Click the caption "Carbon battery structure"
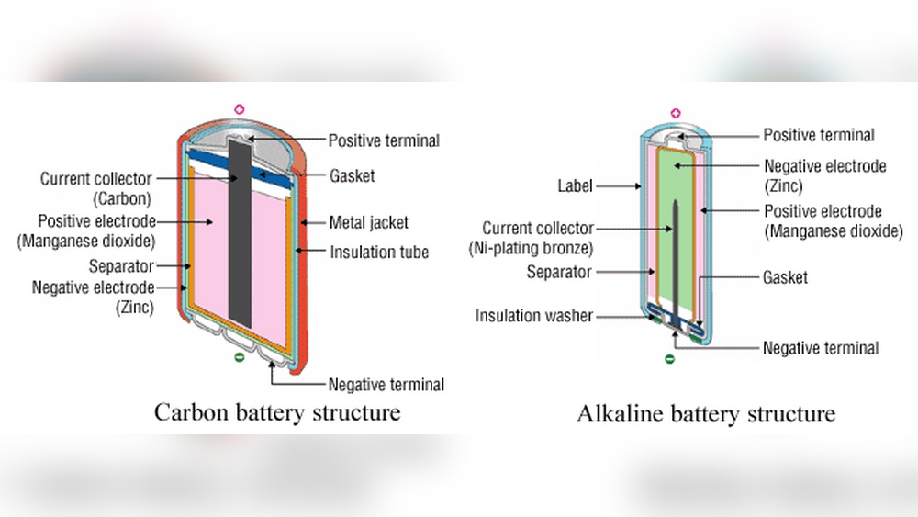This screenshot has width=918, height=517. (x=276, y=411)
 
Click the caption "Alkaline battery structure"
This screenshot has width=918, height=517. (x=705, y=413)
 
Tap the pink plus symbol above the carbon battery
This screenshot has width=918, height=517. (x=241, y=110)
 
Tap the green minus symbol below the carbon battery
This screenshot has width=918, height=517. (x=241, y=359)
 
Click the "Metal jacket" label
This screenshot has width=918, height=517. (x=369, y=222)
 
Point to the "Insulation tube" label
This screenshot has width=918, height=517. (x=379, y=252)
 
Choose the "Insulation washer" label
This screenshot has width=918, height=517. (x=533, y=316)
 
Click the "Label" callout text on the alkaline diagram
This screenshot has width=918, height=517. (x=576, y=186)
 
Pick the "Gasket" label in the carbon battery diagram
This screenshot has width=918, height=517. (x=353, y=175)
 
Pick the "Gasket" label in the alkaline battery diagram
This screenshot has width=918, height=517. (x=786, y=277)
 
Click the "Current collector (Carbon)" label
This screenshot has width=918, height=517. (x=95, y=187)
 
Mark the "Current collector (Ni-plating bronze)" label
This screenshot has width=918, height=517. (x=538, y=238)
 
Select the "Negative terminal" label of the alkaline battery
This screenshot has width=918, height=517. (x=820, y=348)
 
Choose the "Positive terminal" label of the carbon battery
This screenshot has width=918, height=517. (x=384, y=140)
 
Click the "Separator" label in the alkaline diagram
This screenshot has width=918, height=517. (x=559, y=273)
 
